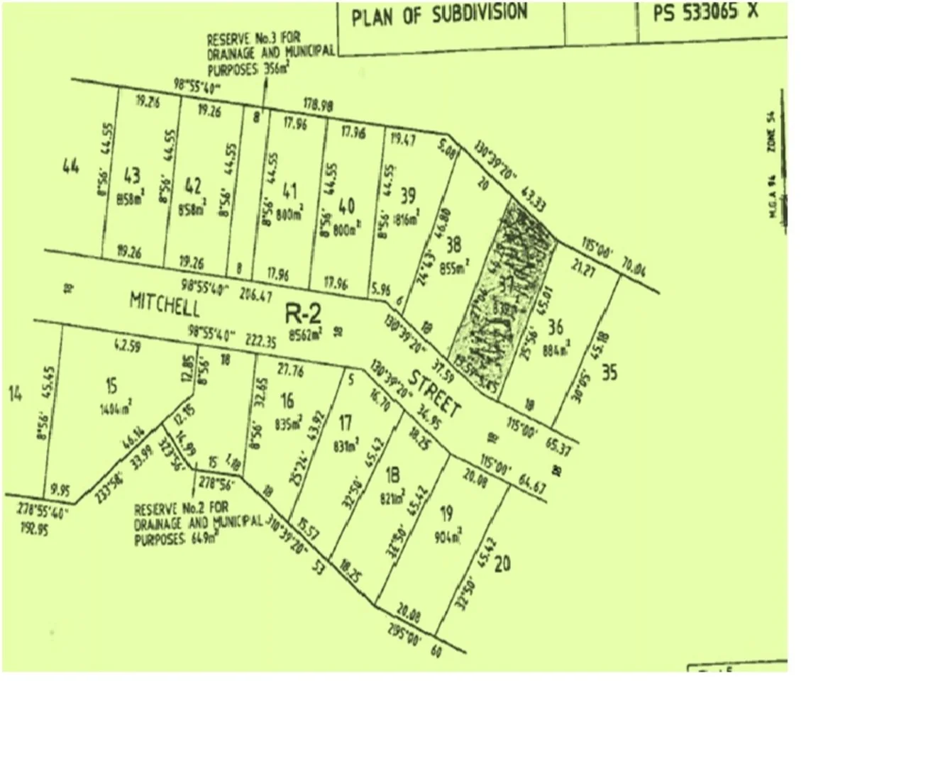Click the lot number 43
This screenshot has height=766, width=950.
[132, 176]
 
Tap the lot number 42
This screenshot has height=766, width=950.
[193, 187]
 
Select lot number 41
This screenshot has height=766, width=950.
[289, 191]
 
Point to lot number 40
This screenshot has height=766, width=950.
[346, 206]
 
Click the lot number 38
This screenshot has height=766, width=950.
[453, 245]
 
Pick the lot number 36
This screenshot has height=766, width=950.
[556, 327]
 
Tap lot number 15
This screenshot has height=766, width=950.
[111, 387]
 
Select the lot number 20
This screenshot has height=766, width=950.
[502, 565]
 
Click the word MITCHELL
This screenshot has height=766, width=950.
[165, 304]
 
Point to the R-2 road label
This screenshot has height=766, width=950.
[303, 313]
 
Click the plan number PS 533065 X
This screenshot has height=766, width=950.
[705, 12]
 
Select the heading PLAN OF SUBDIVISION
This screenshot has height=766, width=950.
[439, 15]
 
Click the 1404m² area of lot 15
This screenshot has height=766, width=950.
[116, 408]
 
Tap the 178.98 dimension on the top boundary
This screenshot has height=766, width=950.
[318, 105]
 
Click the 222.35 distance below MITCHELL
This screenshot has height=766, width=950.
[261, 341]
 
